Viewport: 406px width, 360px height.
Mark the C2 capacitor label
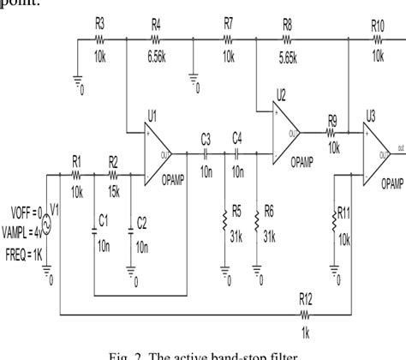[142, 221]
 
